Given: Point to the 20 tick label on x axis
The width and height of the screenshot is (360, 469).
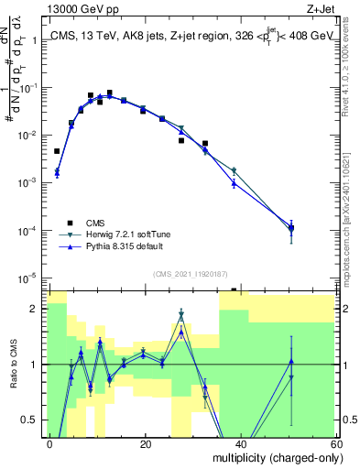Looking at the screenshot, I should [x=145, y=444].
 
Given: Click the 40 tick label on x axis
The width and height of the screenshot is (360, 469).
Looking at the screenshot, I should [x=240, y=444].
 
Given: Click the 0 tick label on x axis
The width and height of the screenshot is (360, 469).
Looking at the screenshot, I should [x=50, y=444].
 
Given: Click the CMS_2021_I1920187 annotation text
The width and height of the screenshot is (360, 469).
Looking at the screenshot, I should [x=194, y=273].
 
